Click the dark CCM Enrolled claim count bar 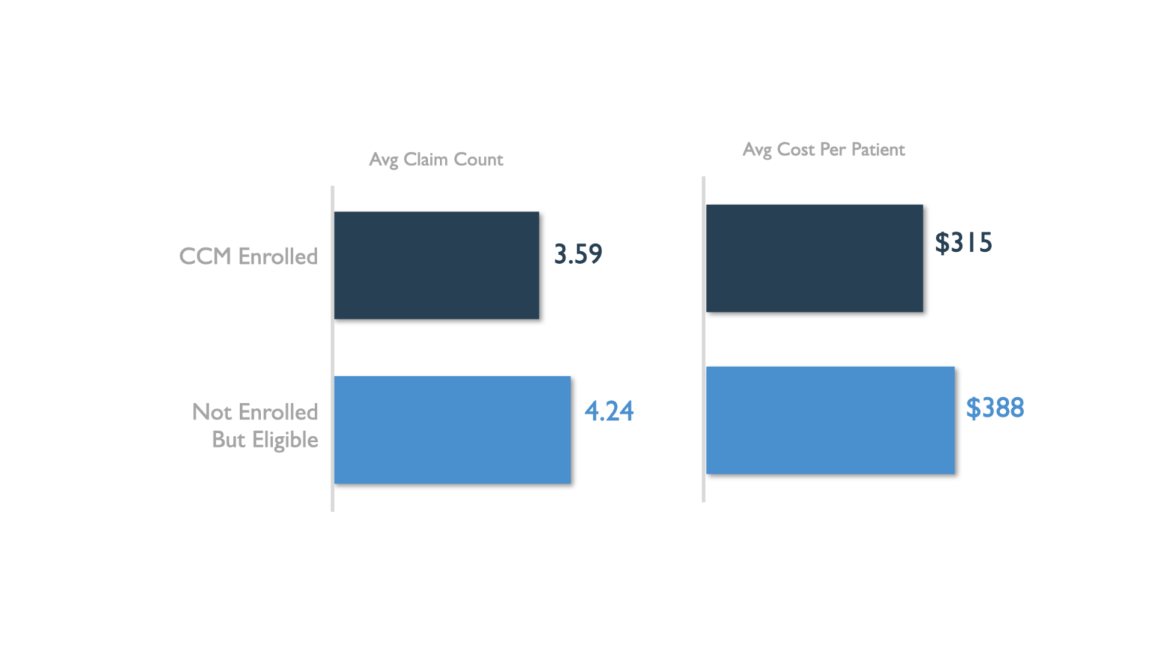[437, 265]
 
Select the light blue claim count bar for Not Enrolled [453, 430]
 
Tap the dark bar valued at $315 [815, 258]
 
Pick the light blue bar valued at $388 [830, 420]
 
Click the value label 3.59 [577, 254]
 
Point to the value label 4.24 [609, 411]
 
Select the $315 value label [963, 243]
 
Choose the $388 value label [995, 408]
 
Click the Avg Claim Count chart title [436, 159]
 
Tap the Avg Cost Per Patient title [824, 150]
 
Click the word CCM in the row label [205, 256]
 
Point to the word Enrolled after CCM [278, 256]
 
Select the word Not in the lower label [212, 412]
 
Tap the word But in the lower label [228, 440]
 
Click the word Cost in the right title [795, 150]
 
